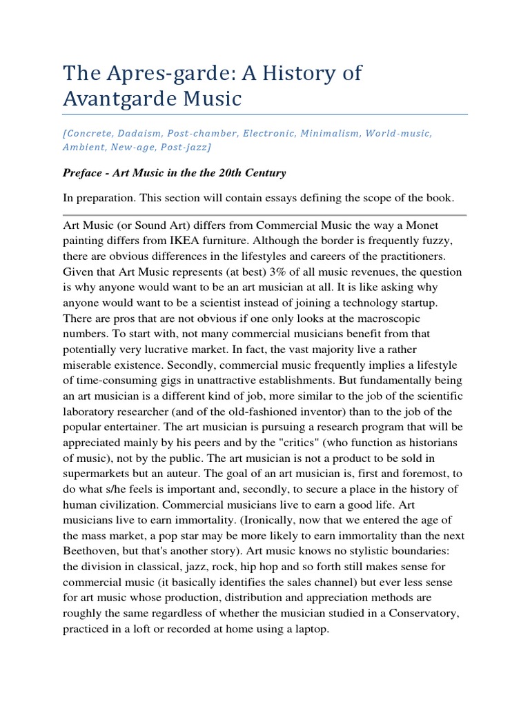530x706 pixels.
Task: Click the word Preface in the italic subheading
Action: [x=83, y=172]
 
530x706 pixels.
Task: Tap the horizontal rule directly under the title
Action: [x=265, y=114]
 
